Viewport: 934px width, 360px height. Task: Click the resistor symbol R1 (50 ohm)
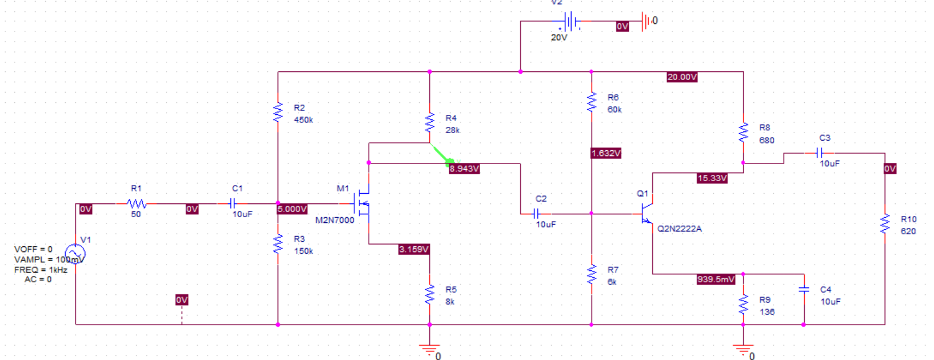(x=136, y=203)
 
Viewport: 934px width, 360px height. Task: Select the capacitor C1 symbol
(x=232, y=203)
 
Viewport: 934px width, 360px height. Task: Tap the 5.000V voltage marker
(x=292, y=209)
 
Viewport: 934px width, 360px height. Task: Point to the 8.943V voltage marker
(x=464, y=169)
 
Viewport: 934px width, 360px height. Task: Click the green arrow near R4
(x=444, y=155)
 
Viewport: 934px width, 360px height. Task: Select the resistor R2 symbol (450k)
(x=278, y=113)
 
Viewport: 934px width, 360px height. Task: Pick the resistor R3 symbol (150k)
(x=278, y=244)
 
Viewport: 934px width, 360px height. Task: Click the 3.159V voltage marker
(x=414, y=249)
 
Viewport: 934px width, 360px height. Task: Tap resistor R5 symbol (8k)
(x=429, y=295)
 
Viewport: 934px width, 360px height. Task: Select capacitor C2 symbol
(x=536, y=214)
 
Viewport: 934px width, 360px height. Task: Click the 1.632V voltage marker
(x=606, y=153)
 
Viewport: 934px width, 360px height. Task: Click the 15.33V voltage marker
(x=712, y=178)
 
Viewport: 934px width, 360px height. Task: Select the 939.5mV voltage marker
(x=716, y=279)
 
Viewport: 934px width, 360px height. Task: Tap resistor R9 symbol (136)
(x=743, y=305)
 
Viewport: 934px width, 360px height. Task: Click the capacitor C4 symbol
(x=804, y=290)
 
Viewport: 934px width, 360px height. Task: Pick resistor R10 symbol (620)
(x=885, y=223)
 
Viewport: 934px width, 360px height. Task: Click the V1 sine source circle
(x=75, y=253)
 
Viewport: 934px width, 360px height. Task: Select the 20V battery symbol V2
(x=570, y=22)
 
